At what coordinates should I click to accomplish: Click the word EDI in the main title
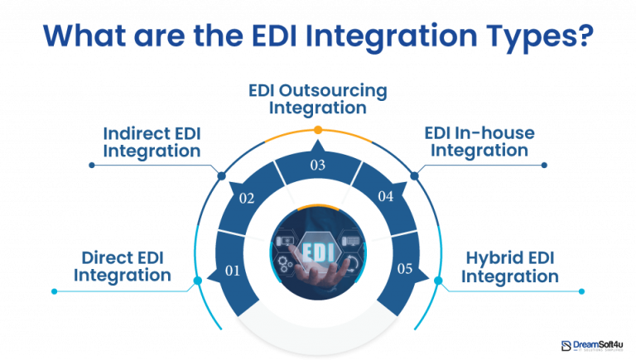274,37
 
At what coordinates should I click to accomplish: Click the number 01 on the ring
232,270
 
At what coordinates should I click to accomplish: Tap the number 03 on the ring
317,166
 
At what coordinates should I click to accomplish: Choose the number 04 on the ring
386,197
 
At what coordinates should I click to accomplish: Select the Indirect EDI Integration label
152,142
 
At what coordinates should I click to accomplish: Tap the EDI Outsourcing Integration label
318,98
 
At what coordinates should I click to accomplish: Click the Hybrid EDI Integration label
509,266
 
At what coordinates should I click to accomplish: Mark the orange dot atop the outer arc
318,130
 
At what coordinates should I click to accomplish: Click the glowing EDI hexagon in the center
319,249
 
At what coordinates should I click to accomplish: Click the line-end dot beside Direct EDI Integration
55,291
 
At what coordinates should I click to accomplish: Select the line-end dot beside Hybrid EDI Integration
583,291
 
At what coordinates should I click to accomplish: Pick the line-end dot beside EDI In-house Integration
544,165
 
